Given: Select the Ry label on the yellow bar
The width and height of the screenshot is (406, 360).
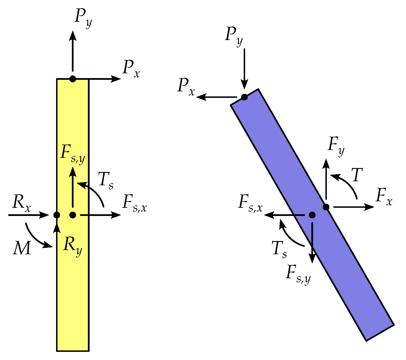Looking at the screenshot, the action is tap(73, 246).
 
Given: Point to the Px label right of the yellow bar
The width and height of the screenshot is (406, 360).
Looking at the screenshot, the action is tap(131, 69).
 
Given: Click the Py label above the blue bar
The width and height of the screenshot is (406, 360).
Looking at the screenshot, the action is tap(234, 36).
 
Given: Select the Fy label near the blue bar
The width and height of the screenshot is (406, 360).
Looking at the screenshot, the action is tap(336, 146).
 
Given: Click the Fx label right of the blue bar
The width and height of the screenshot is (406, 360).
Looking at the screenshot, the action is tap(384, 197).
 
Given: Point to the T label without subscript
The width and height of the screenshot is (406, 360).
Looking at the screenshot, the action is tap(357, 175).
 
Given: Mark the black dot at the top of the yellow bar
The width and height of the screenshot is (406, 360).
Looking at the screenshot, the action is tap(73, 79).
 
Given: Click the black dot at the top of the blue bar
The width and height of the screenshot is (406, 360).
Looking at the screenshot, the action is tap(244, 97).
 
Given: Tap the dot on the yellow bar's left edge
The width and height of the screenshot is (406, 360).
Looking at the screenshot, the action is tap(57, 215).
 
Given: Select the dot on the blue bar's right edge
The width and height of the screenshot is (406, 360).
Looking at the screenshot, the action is tap(326, 207).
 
